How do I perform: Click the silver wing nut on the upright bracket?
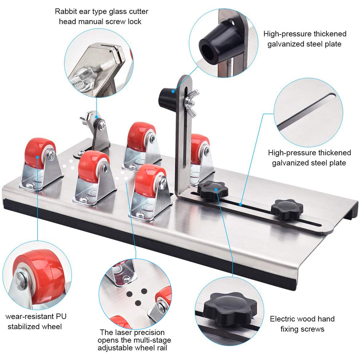click(x=190, y=103)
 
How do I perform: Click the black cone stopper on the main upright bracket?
click(x=166, y=95)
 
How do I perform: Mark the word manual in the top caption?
click(x=89, y=22)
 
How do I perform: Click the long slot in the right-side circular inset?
click(x=306, y=109)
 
